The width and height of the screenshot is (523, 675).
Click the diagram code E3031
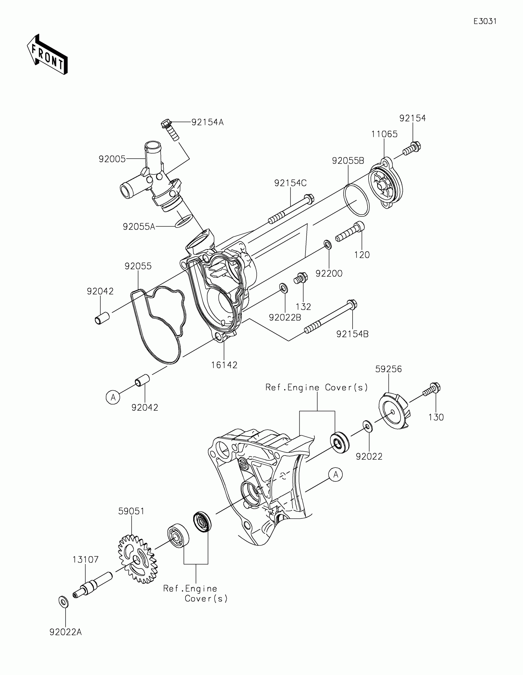click(x=485, y=21)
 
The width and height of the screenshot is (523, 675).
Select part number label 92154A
click(x=207, y=122)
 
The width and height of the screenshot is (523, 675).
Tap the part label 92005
click(x=112, y=159)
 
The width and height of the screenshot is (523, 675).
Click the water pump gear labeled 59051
click(x=137, y=559)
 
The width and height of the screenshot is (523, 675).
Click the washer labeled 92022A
click(x=63, y=602)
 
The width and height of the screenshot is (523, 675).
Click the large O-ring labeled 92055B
click(x=357, y=200)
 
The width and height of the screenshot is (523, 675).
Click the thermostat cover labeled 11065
click(x=386, y=184)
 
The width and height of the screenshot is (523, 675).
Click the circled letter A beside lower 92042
click(x=113, y=397)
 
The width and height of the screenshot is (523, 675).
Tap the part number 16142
click(x=224, y=365)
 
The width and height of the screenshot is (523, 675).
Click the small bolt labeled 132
click(x=300, y=278)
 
